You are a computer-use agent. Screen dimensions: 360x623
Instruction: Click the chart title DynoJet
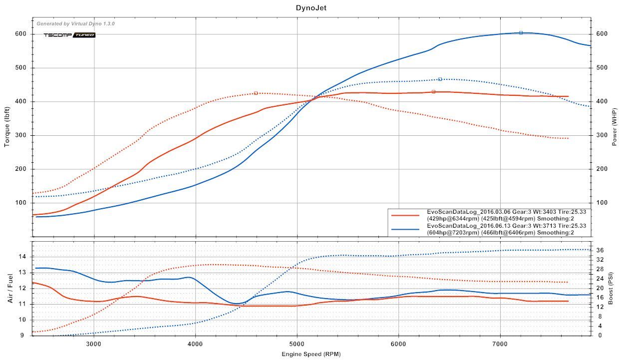pos(311,7)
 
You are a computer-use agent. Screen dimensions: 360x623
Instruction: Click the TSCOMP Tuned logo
pos(69,35)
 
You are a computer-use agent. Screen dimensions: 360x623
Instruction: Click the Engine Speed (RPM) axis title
pos(311,354)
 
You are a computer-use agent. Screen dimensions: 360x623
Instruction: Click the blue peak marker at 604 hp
pos(521,32)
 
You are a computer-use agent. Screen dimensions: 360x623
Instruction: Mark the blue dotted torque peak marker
pos(440,79)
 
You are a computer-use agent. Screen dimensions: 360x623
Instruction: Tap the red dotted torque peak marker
pos(256,93)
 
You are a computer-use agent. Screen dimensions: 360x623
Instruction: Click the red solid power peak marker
pos(433,91)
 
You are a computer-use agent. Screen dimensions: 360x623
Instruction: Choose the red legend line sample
pos(405,215)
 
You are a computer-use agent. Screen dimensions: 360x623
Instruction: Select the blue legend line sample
pos(405,229)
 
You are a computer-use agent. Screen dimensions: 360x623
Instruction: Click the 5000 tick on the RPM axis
pos(297,344)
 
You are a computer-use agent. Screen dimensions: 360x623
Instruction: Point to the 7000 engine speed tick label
pos(500,344)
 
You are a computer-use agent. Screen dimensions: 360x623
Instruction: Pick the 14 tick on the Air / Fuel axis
pos(22,257)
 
